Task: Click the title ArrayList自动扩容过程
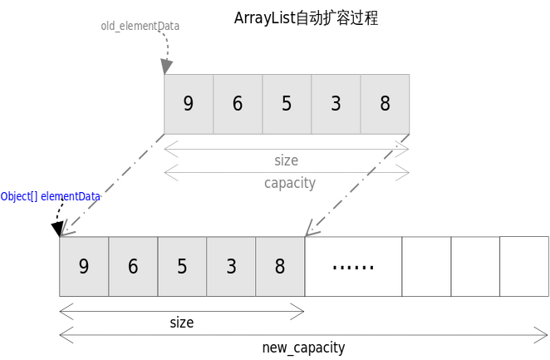point(306,18)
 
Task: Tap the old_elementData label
point(140,26)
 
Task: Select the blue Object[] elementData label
point(50,196)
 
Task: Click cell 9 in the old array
point(189,104)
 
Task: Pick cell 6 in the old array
point(238,104)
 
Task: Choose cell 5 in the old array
point(287,104)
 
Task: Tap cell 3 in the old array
point(336,104)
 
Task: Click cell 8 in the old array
point(385,104)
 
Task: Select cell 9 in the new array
point(84,266)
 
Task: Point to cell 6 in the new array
point(133,266)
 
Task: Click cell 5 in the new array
point(182,266)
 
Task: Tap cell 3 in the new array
point(231,266)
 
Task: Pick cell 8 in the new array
point(280,266)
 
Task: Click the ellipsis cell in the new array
point(353,266)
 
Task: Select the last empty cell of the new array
point(523,266)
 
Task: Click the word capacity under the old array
point(290,183)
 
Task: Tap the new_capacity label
point(303,348)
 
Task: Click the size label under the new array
point(181,323)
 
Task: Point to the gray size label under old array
point(286,160)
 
